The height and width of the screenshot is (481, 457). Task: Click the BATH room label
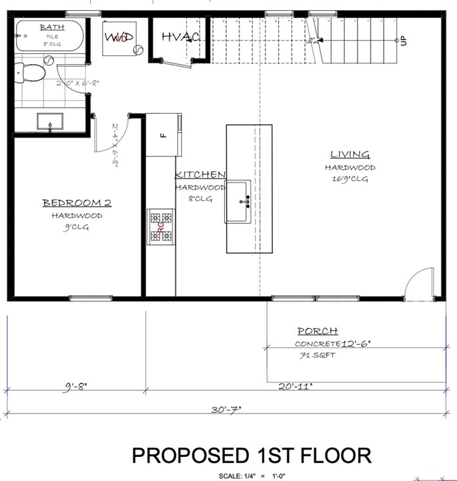[x=52, y=27]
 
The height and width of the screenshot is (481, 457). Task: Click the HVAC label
[x=181, y=35]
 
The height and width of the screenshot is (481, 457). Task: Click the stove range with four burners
[x=161, y=227]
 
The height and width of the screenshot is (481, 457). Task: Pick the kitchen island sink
[x=239, y=200]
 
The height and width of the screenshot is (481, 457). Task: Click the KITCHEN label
[x=200, y=175]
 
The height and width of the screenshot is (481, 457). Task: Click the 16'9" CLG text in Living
[x=350, y=179]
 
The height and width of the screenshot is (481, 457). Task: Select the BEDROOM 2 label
[x=77, y=203]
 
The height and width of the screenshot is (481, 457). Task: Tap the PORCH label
[x=318, y=331]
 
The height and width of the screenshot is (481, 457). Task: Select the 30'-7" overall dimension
[x=225, y=409]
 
